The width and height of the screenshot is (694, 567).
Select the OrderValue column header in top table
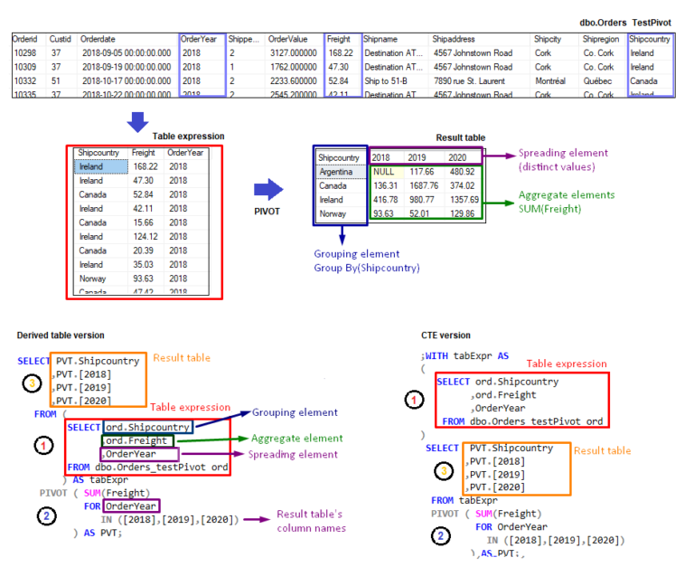288,40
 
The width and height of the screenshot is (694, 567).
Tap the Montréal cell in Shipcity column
550,80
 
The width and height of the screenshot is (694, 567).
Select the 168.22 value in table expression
144,166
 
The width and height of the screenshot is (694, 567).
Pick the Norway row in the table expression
92,278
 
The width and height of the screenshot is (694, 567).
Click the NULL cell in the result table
383,172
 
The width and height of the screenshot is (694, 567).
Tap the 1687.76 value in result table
422,185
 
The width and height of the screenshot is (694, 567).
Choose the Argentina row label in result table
337,172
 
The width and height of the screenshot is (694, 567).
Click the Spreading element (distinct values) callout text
563,160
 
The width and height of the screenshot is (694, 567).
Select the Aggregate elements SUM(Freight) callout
566,202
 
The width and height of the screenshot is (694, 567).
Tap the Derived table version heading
60,335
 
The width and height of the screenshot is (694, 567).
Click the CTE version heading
445,335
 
